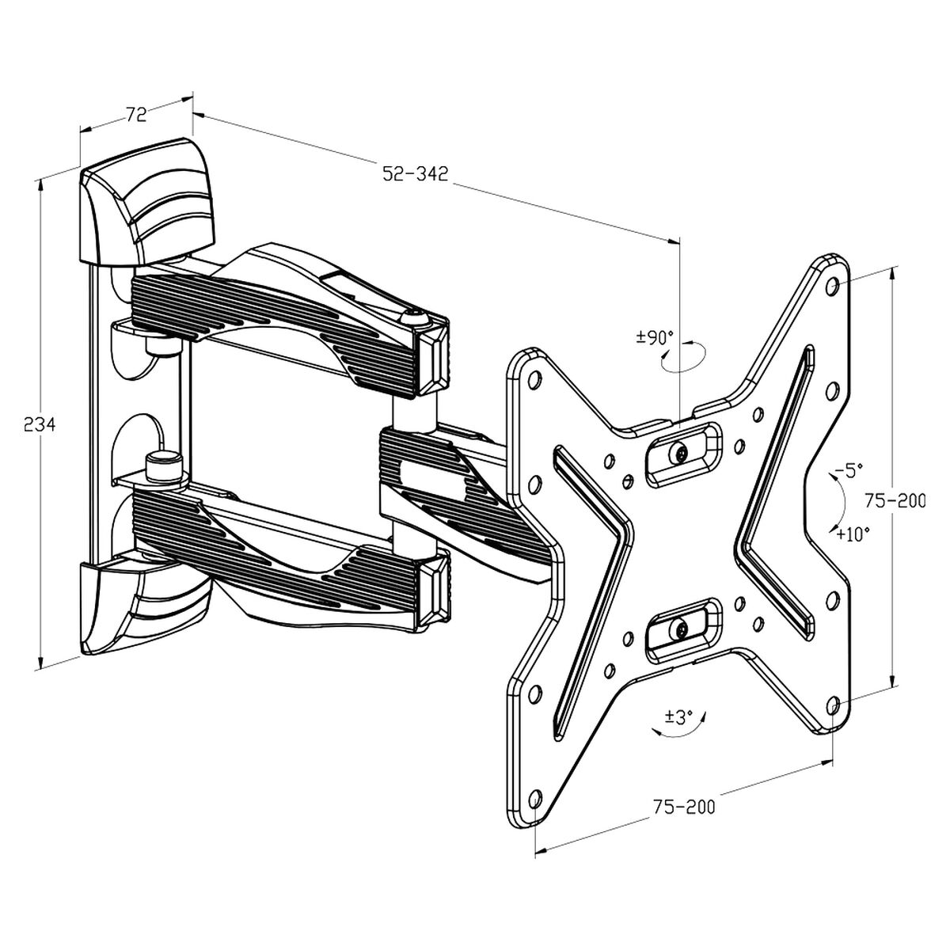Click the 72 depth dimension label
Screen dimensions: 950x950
click(x=136, y=115)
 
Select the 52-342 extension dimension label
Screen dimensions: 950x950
click(x=415, y=173)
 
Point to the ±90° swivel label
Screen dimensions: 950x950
click(x=654, y=338)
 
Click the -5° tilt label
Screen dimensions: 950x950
click(x=845, y=472)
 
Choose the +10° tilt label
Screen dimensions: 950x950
click(x=853, y=534)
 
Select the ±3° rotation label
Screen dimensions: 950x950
click(x=678, y=717)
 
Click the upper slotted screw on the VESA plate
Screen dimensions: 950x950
click(x=682, y=454)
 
